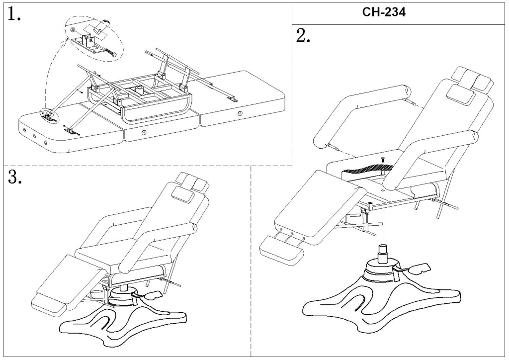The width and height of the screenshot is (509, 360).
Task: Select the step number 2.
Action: click(x=302, y=36)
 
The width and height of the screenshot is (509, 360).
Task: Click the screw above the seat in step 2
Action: click(x=383, y=159)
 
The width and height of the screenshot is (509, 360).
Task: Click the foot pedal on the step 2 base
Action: click(x=419, y=269)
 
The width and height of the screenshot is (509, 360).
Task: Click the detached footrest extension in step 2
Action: click(x=281, y=247)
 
